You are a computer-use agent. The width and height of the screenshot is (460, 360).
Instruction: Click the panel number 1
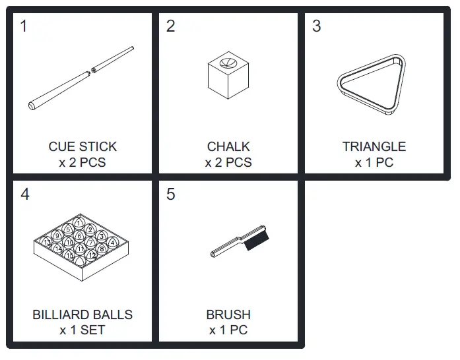click(24, 27)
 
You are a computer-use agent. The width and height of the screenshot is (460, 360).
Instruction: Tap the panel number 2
click(171, 27)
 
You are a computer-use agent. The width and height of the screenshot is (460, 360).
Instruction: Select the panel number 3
click(317, 27)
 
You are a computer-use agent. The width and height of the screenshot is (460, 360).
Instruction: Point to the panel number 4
click(24, 195)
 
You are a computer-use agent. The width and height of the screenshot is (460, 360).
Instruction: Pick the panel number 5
click(171, 195)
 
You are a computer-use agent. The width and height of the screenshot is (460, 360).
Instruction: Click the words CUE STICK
click(82, 147)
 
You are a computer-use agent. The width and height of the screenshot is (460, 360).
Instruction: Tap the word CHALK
click(228, 147)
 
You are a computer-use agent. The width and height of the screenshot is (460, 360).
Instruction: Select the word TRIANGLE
click(374, 147)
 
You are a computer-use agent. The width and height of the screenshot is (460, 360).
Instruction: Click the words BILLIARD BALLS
click(82, 315)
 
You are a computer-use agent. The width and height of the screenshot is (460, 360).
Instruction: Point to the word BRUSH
click(228, 315)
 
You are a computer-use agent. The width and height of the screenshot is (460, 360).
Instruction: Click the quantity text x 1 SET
click(82, 330)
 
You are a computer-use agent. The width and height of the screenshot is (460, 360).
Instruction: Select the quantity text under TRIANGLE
click(374, 162)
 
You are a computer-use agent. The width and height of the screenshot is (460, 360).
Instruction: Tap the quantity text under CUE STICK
click(82, 162)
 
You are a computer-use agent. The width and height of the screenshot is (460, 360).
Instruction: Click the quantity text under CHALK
click(228, 162)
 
